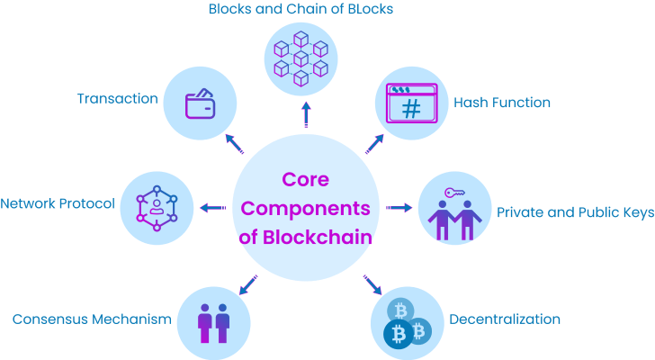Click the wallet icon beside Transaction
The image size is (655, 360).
(x=202, y=103)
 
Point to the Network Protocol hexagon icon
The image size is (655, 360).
(x=157, y=207)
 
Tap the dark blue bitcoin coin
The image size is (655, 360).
(x=397, y=336)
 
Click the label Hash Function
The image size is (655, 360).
(x=501, y=103)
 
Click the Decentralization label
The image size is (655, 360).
(x=505, y=319)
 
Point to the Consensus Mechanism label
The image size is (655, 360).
(x=91, y=319)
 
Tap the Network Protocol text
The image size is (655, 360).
(x=58, y=203)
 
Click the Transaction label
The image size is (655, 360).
(x=117, y=98)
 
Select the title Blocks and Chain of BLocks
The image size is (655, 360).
(x=301, y=10)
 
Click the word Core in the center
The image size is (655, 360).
(x=305, y=179)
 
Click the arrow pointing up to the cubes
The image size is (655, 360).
(x=306, y=114)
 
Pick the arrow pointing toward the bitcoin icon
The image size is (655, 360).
(x=372, y=285)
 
